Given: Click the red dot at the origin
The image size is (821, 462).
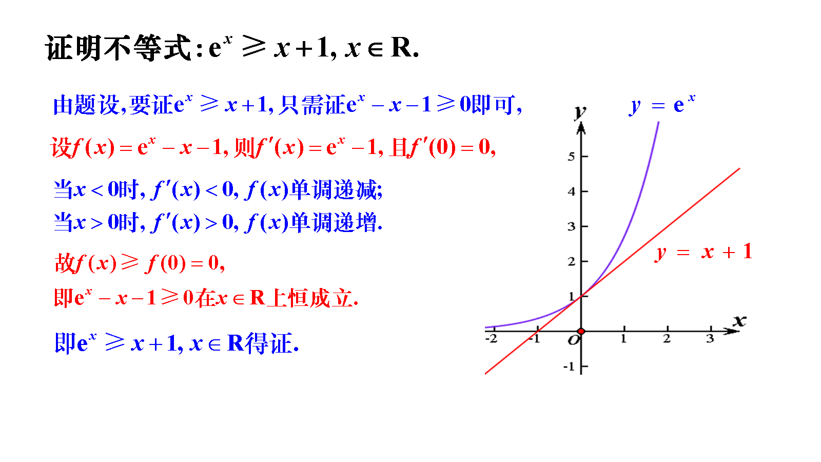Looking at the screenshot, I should coord(581,332).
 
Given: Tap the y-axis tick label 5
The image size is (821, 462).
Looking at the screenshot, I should coord(571,157).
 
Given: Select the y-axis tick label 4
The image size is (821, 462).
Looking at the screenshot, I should coord(571,191).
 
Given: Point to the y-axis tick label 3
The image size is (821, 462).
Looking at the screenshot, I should coord(571,226).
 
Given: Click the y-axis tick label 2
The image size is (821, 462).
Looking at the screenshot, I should coord(571,261).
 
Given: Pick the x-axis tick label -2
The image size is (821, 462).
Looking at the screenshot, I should coord(492,338).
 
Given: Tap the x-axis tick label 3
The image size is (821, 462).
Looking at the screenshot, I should coord(710,338).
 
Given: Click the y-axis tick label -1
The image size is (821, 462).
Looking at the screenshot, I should coord(569,367).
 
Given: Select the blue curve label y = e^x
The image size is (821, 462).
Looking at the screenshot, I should coord(662,105).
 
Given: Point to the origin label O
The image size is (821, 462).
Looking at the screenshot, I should coord(574,340).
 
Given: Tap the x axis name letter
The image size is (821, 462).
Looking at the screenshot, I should coord(739,321).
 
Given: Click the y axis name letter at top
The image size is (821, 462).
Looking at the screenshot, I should coord(580,111).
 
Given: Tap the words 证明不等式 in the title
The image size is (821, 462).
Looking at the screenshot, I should coord(118,48).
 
